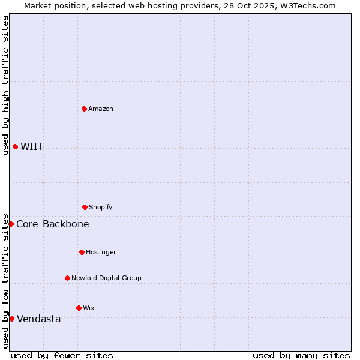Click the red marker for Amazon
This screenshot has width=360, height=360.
pyautogui.click(x=85, y=109)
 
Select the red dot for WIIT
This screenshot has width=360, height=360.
pyautogui.click(x=15, y=146)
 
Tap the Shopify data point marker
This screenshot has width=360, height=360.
pyautogui.click(x=85, y=207)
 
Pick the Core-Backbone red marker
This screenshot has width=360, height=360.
pyautogui.click(x=11, y=224)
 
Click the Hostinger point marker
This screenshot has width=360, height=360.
pyautogui.click(x=82, y=252)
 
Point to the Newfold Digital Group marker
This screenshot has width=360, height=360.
pyautogui.click(x=67, y=278)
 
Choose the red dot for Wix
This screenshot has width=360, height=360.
pyautogui.click(x=79, y=308)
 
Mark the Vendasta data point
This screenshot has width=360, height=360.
pyautogui.click(x=11, y=319)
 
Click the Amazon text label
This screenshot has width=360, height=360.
pyautogui.click(x=101, y=109)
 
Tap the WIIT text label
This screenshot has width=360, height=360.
pyautogui.click(x=32, y=147)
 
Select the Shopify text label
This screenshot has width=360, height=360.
pyautogui.click(x=101, y=207)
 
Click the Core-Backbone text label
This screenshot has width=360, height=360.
pyautogui.click(x=53, y=224)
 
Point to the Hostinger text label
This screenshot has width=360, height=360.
pyautogui.click(x=101, y=252)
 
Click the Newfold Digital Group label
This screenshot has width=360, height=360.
pyautogui.click(x=106, y=278)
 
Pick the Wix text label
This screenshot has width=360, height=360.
pyautogui.click(x=89, y=308)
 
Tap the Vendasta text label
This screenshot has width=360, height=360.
pyautogui.click(x=39, y=319)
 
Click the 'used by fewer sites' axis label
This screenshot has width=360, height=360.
pyautogui.click(x=62, y=355)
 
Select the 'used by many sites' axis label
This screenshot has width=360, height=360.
pyautogui.click(x=301, y=355)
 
